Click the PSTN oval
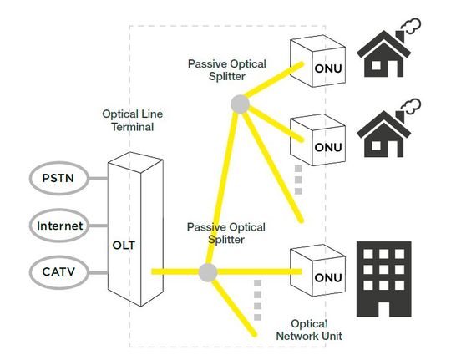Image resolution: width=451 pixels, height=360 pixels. point(58,178)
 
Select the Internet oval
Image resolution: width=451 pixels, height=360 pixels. point(58,225)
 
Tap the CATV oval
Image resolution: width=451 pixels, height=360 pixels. point(58,271)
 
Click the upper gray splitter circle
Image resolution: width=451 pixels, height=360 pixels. point(240,104)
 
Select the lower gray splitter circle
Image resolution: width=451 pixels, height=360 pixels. point(207,272)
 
